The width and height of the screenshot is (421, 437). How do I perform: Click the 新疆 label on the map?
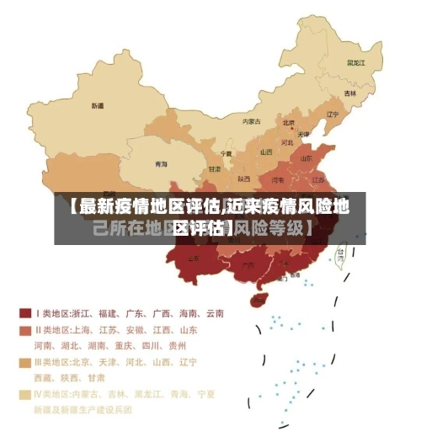coord(98,106)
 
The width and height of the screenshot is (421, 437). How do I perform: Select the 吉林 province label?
coord(350,93)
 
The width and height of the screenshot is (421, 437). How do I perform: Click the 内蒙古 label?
coord(252,121)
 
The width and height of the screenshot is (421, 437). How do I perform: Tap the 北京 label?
coord(288,122)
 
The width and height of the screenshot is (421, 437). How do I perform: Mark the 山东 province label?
coord(308,157)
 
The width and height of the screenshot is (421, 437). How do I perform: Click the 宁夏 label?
coord(225,154)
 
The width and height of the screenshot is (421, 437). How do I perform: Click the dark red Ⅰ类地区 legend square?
coord(25,313)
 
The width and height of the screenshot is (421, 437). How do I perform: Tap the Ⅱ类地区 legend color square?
coord(25,330)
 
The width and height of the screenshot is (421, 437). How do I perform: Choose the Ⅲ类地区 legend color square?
coord(25,362)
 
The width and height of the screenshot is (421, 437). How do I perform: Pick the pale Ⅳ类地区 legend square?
coord(25,394)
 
